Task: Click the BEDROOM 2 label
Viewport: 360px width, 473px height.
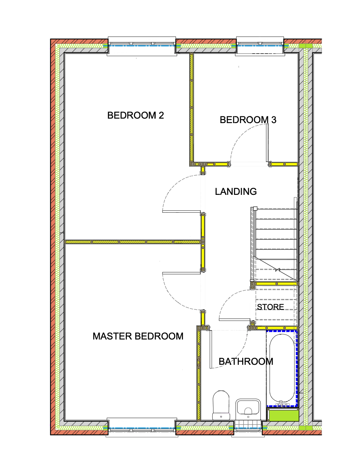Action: tap(135, 115)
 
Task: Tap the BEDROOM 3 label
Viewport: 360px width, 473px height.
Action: tap(248, 120)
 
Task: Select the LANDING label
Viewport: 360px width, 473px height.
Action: tap(236, 192)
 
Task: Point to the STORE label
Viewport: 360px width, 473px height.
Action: tap(270, 307)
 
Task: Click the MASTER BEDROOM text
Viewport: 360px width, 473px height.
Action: tap(138, 336)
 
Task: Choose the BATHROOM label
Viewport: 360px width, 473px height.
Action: tap(246, 361)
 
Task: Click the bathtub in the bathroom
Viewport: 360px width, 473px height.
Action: tap(282, 368)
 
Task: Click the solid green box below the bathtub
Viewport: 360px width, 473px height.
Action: tap(283, 415)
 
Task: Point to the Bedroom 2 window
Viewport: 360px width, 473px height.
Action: tap(142, 46)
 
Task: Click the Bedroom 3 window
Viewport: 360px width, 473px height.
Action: tap(260, 46)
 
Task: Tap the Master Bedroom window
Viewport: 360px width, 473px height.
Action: tap(142, 428)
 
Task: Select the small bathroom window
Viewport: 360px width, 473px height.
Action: tap(248, 428)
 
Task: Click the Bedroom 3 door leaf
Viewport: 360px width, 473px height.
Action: tap(267, 143)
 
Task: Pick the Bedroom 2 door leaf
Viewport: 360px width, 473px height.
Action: tap(181, 212)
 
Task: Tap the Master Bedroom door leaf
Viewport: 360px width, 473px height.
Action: tap(181, 273)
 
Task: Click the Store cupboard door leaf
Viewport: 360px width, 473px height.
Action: tap(235, 319)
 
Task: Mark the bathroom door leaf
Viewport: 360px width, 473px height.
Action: tap(211, 349)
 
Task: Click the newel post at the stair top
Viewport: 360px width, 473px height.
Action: tap(255, 209)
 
